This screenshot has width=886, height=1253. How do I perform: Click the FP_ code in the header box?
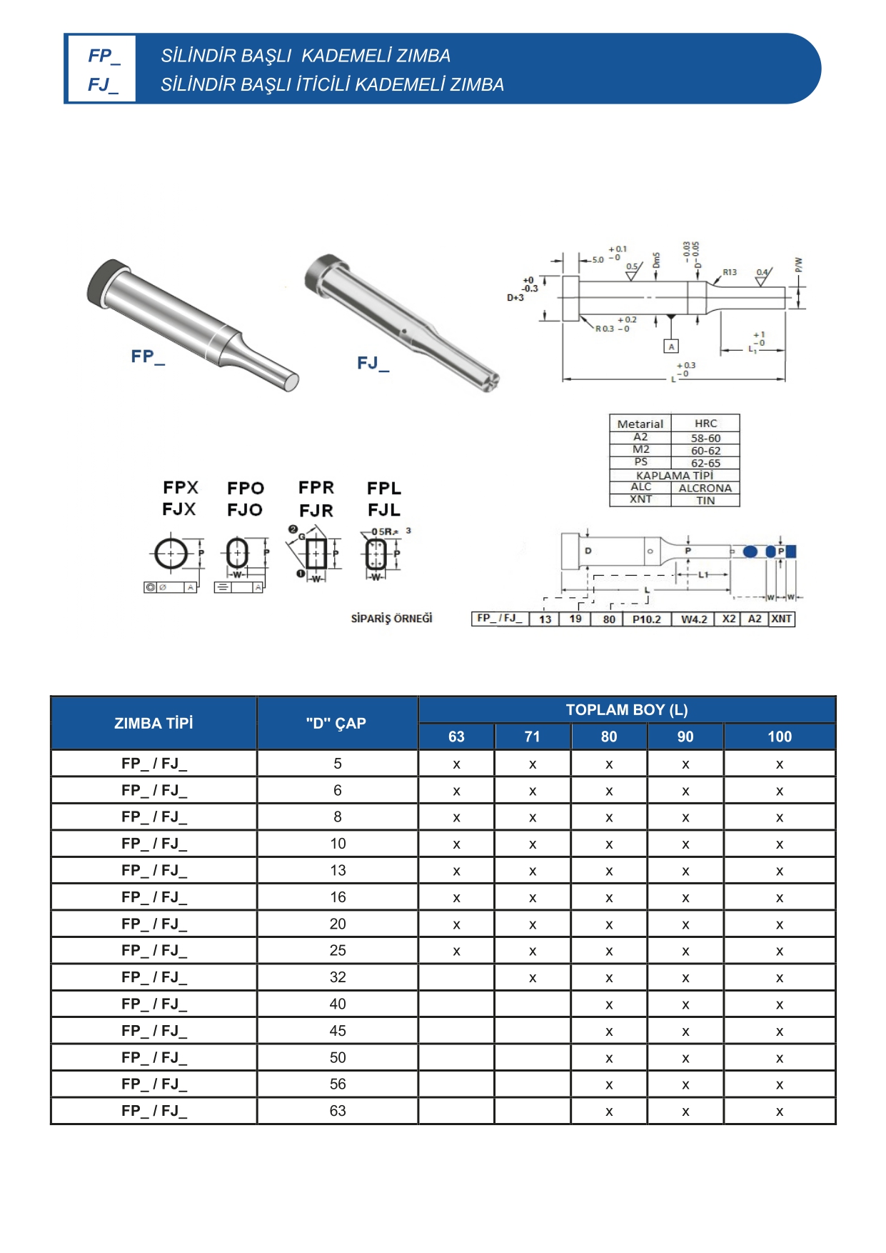coord(103,56)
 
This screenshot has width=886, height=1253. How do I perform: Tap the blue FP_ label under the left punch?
coord(147,356)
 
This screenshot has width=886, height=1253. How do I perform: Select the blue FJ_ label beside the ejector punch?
coord(373,364)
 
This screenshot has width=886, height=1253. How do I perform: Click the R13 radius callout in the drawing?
coord(729,272)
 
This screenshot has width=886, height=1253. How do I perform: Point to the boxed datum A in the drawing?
coord(670,346)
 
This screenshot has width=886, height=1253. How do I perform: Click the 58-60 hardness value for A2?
coord(705,438)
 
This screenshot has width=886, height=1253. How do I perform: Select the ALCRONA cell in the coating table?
coord(705,488)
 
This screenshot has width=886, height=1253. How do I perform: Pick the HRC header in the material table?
coord(705,424)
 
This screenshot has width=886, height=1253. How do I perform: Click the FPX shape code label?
coord(181,488)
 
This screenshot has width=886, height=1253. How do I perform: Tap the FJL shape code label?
coord(384,510)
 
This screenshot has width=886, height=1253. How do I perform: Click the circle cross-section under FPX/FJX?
coord(171,553)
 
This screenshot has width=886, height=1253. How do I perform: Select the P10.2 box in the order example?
coord(646,619)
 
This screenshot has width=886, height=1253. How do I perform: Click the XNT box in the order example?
coord(781,619)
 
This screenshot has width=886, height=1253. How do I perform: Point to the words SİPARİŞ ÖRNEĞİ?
coord(391,619)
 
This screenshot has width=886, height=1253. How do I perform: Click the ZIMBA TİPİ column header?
coord(153,723)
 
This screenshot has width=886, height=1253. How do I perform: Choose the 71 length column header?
coord(532,737)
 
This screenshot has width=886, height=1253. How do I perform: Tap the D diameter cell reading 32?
coord(338,977)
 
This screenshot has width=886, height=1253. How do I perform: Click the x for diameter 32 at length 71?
coord(533,978)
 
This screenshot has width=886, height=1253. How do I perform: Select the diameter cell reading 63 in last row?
coord(338,1111)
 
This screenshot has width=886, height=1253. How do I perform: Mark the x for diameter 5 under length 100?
coord(780,764)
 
